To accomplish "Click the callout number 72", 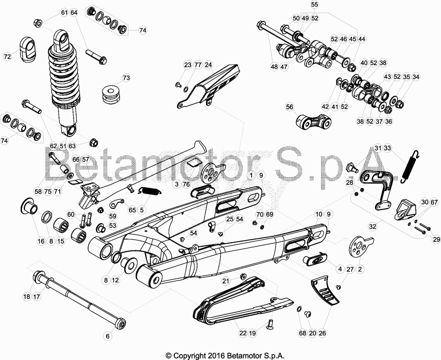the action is tap(7, 56).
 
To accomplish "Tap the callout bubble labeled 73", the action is tap(127, 78).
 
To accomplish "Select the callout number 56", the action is tap(289, 107).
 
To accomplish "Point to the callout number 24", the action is tap(208, 65).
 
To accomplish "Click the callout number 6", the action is tap(107, 336).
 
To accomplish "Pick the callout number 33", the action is tap(387, 148).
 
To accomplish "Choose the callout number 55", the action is tap(314, 4).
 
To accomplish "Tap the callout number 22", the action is tap(243, 333).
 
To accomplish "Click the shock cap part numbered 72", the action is tap(28, 49).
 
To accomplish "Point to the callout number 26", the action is tap(322, 333).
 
